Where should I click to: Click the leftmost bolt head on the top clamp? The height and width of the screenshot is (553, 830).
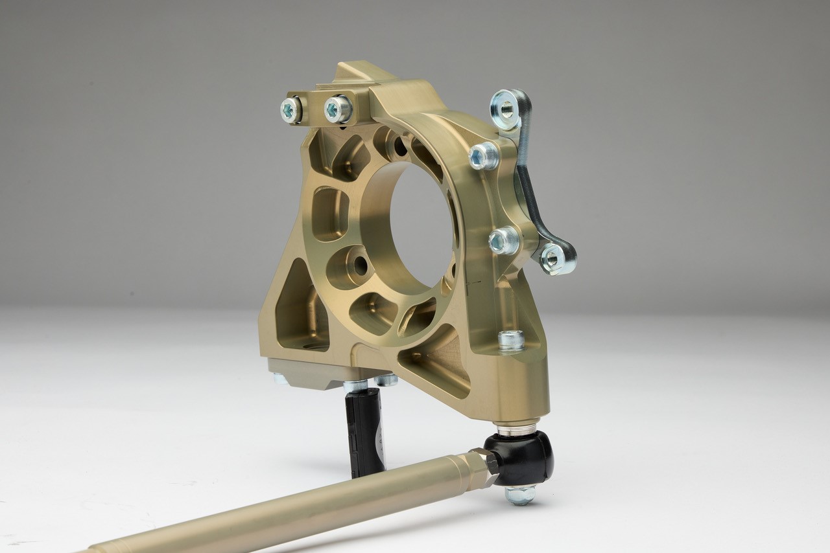(290, 110)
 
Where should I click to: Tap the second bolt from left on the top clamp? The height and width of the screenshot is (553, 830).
(337, 109)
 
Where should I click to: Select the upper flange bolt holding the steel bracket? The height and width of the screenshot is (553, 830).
(483, 156)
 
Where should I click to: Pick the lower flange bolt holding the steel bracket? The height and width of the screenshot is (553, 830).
(503, 241)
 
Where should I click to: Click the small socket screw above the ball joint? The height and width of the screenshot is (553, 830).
(511, 340)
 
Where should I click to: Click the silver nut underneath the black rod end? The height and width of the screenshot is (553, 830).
(520, 495)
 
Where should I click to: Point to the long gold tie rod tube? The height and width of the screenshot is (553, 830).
(292, 512)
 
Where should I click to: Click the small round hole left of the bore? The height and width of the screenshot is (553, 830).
(355, 265)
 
